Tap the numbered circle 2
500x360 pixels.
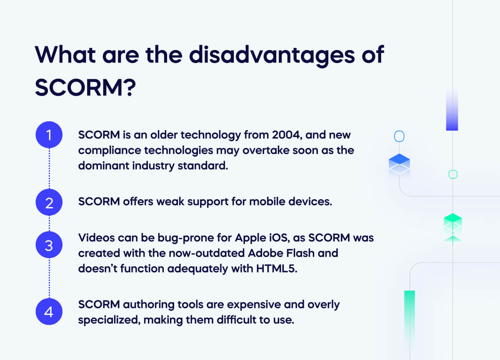pyautogui.click(x=49, y=203)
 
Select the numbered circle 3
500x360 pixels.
pyautogui.click(x=49, y=245)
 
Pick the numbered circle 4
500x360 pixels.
pyautogui.click(x=49, y=311)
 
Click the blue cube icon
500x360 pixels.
pyautogui.click(x=399, y=164)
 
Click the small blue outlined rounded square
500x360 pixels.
pyautogui.click(x=399, y=136)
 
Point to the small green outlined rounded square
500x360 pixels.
pyautogui.click(x=452, y=174)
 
